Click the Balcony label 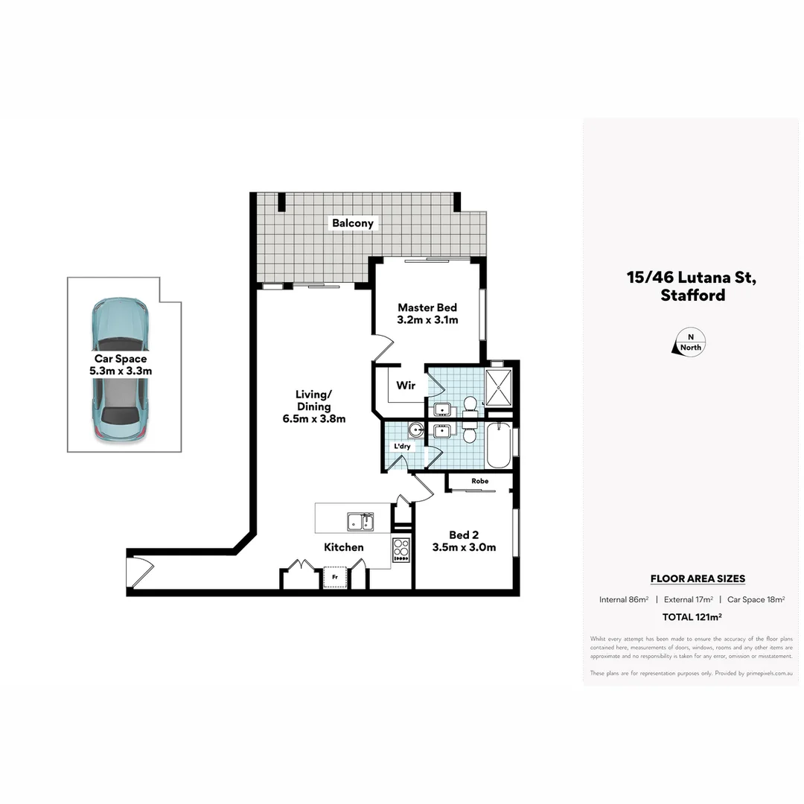click(353, 223)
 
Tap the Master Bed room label click(427, 307)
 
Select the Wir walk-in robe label click(406, 386)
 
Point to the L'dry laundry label click(402, 446)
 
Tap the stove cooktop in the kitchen click(401, 550)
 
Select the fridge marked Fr click(335, 577)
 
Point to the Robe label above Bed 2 click(479, 481)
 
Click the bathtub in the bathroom click(499, 445)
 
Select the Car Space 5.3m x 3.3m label click(121, 364)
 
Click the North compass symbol click(690, 342)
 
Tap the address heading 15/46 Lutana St click(692, 278)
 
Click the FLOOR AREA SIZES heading click(698, 578)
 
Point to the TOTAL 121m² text click(692, 616)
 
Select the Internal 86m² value click(624, 599)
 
